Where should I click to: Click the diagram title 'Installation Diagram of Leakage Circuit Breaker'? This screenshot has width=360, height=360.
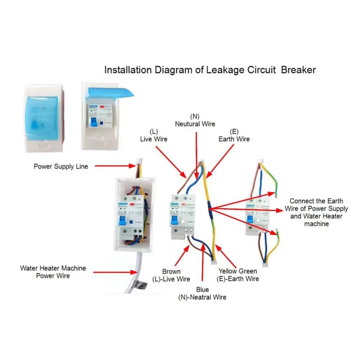[210, 70]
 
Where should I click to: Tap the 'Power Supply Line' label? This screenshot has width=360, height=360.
[61, 166]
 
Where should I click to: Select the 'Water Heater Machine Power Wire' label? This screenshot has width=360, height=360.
[53, 272]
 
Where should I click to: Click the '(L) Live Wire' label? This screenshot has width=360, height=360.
[154, 135]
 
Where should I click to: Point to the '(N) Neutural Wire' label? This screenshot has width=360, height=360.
[195, 120]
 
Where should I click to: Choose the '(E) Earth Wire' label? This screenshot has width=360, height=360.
[234, 135]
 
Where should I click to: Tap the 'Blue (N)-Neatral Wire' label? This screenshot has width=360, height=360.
[202, 294]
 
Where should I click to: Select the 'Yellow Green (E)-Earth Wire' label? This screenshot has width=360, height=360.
[238, 275]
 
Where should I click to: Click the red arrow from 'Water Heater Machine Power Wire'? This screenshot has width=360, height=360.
[116, 272]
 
